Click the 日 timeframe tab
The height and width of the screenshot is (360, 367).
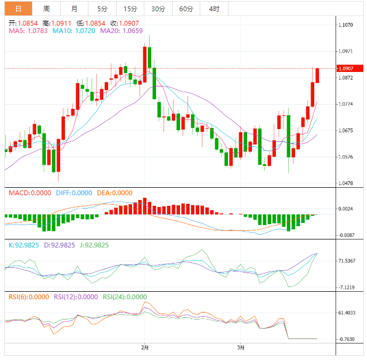[19, 9]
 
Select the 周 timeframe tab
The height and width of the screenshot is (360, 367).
[46, 9]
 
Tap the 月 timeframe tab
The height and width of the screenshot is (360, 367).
[74, 9]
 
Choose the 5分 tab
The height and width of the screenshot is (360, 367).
[102, 9]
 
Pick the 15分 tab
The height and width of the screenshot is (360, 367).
[130, 9]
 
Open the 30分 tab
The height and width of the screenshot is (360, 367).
[158, 9]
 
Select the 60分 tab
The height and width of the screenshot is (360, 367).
[186, 9]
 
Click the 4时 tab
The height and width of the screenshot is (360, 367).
[214, 9]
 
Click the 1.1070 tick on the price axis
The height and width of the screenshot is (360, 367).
[346, 25]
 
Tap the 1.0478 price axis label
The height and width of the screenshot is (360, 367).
[346, 183]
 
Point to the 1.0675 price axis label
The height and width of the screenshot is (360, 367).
[346, 131]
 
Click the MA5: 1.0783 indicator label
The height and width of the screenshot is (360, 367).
[28, 31]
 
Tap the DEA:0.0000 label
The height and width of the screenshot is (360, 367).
[115, 193]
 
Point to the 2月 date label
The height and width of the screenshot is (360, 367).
[145, 348]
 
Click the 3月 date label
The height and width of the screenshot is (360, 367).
[241, 348]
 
